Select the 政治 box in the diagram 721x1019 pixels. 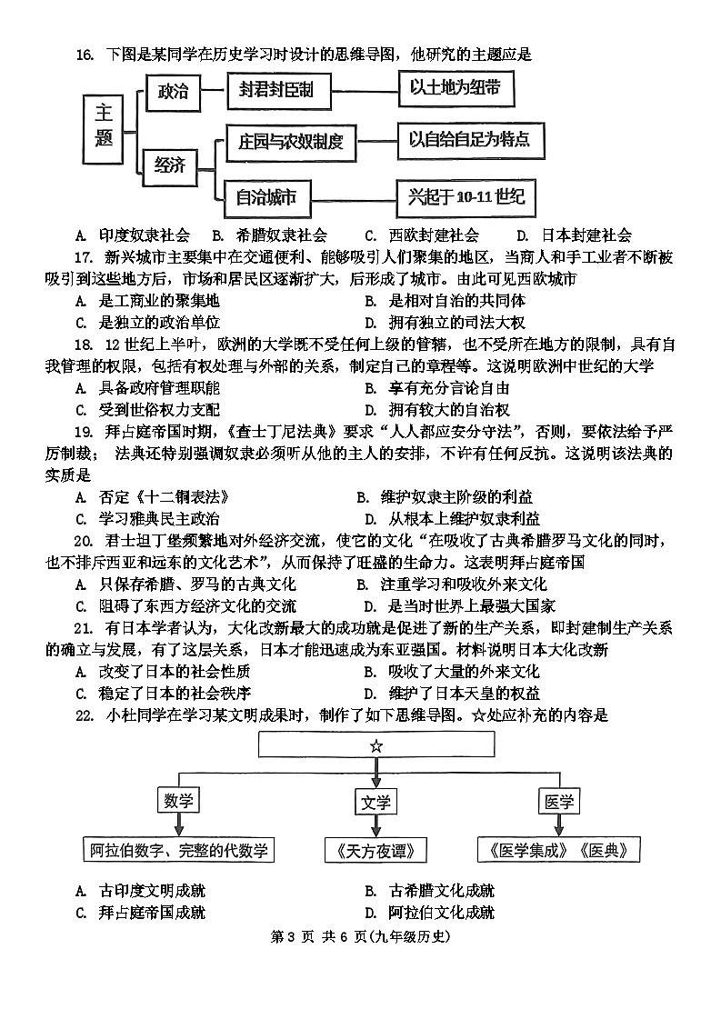tap(173, 92)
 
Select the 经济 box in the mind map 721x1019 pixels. tap(169, 165)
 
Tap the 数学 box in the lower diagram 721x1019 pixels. tap(179, 802)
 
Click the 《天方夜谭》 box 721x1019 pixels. tap(376, 851)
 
